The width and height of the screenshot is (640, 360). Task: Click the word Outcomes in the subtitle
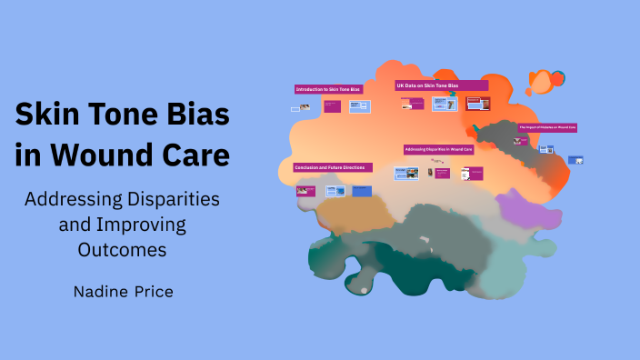[x=122, y=248]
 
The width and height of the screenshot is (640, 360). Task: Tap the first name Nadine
[x=101, y=292]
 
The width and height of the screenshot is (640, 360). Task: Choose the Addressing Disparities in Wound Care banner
[x=440, y=149]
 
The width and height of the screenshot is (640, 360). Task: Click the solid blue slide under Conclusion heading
[x=361, y=191]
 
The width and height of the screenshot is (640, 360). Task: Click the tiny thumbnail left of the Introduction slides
[x=296, y=109]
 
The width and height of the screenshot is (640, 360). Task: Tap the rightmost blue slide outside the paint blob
[x=575, y=160]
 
